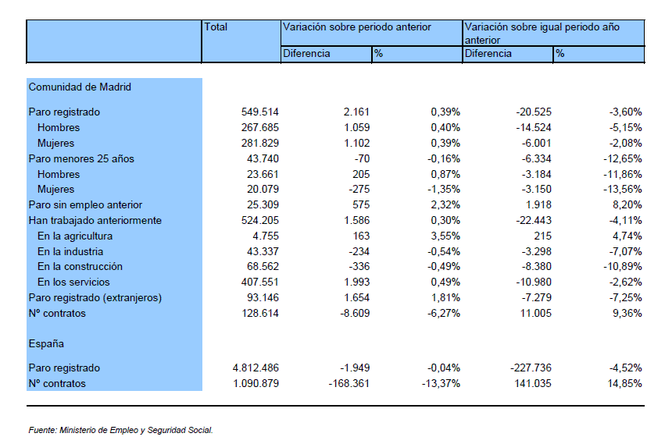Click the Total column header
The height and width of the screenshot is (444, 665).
(216, 27)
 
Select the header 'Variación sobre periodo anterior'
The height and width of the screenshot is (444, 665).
(356, 27)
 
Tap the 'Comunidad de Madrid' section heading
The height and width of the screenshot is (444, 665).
(80, 87)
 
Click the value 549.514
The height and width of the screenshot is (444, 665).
(260, 112)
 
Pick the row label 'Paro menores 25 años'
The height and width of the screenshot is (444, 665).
(81, 159)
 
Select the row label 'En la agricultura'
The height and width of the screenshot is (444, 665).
(75, 236)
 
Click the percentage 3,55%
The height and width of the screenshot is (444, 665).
(445, 236)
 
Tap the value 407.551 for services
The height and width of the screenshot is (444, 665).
(260, 282)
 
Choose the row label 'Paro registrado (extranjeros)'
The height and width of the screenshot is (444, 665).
(95, 298)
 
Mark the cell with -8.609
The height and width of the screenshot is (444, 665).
(355, 314)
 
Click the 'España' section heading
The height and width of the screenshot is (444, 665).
(46, 343)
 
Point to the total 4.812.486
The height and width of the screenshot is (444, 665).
(256, 368)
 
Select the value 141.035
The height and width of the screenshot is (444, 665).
(533, 383)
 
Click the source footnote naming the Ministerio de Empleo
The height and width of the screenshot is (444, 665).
(120, 430)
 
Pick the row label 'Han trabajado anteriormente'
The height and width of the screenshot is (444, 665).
(95, 220)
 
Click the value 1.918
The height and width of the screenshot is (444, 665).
(538, 205)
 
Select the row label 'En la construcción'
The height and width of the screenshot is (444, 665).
(80, 267)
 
